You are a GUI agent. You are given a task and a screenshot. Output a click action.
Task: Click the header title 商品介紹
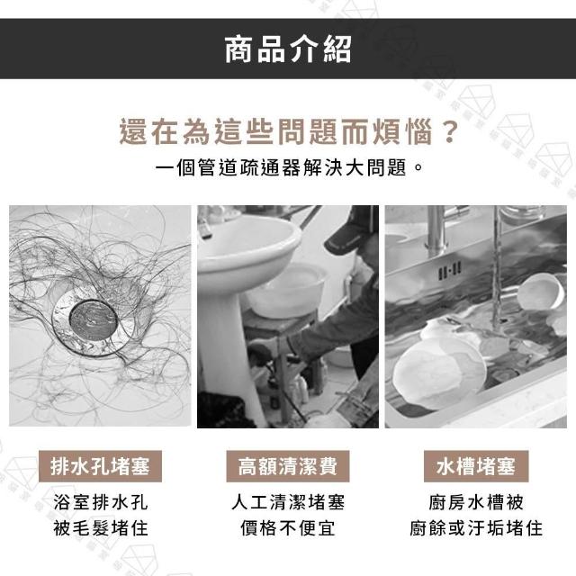click(x=288, y=49)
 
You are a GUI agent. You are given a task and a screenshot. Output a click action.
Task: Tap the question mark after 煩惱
click(x=450, y=131)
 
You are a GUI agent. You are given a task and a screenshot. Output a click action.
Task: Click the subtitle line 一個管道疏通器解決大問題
click(x=282, y=168)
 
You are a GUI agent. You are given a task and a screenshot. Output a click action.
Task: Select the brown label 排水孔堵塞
click(x=100, y=466)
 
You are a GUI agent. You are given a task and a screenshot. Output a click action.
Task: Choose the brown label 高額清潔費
click(x=288, y=466)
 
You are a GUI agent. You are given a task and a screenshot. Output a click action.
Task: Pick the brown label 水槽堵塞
click(x=476, y=466)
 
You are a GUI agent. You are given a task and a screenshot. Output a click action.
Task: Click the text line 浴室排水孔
click(x=100, y=502)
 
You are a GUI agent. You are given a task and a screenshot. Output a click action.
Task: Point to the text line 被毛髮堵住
click(x=100, y=528)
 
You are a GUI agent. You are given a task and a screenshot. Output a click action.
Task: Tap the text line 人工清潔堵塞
click(x=288, y=502)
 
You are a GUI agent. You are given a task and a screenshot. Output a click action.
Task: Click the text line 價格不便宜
click(x=288, y=528)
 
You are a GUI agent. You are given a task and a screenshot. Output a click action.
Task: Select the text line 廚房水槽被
click(x=476, y=502)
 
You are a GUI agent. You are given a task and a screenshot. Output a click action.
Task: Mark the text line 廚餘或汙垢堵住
click(x=476, y=528)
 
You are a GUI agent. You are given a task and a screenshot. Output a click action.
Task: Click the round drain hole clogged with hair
click(x=93, y=319)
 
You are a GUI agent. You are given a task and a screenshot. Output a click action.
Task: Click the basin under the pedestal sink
click(x=287, y=290)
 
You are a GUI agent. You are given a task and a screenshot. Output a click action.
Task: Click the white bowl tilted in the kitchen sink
click(x=540, y=292)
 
